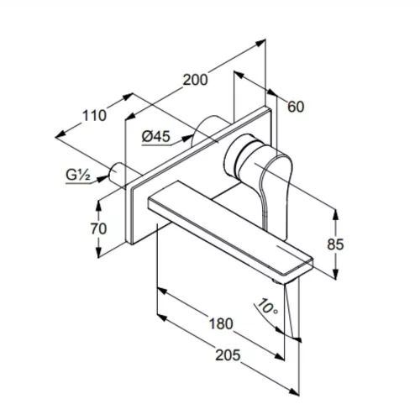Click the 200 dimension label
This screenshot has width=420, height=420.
coord(195,80)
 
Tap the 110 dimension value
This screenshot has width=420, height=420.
coord(94,115)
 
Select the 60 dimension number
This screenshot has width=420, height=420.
coord(296,107)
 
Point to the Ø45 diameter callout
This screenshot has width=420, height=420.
coord(156,137)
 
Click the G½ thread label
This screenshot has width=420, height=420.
coord(78,176)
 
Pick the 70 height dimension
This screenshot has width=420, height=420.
coord(98,228)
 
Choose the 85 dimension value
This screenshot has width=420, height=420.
coord(335,244)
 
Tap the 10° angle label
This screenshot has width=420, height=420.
coord(267,307)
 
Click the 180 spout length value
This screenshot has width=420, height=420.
coord(221,323)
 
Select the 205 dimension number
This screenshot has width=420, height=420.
coord(228,355)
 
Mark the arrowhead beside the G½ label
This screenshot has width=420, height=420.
coord(102,178)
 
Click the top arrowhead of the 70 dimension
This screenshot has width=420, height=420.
coord(98,206)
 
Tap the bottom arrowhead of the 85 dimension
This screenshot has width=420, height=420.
coord(336,273)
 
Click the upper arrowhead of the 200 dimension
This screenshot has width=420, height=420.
coord(260,42)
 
